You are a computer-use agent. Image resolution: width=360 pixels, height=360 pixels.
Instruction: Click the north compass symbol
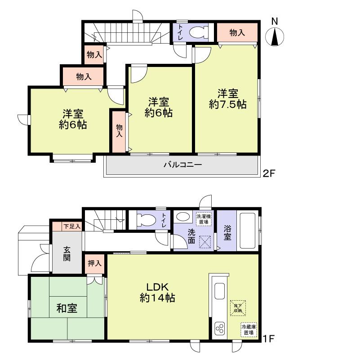coord(275,36)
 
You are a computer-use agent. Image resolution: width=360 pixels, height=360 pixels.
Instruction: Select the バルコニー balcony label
coord(182,165)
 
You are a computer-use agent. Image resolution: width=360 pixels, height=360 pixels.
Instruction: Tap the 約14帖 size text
coord(157,297)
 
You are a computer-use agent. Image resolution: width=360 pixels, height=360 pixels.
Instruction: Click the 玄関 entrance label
coord(66,254)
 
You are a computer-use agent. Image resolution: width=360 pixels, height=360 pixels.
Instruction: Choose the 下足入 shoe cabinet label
coord(72,226)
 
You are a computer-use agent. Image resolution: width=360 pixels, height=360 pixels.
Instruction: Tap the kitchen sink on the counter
coord(220,291)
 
